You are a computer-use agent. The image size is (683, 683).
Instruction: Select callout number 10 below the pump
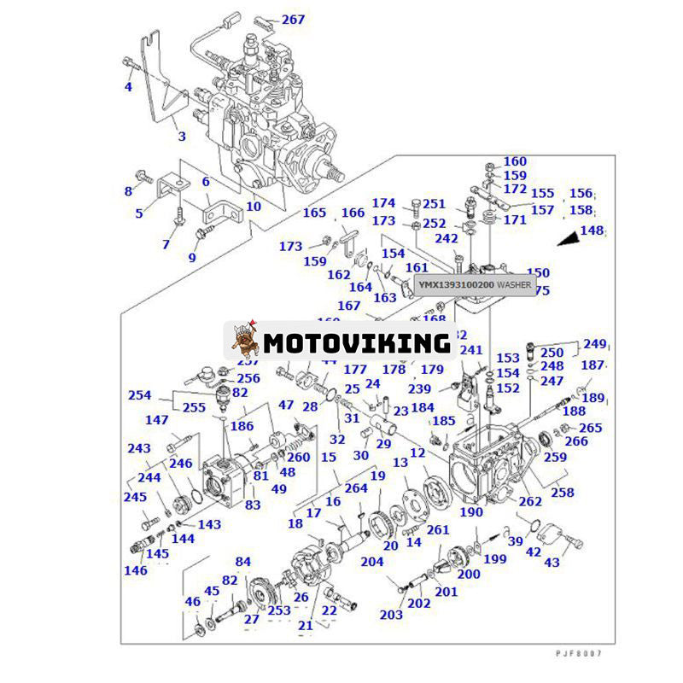click(x=254, y=206)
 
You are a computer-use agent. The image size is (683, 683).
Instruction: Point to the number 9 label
click(x=192, y=257)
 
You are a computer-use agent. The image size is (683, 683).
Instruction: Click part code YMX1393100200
click(x=454, y=283)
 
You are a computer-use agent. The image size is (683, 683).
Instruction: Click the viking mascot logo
click(x=245, y=341)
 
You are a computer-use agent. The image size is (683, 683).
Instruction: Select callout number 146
click(x=135, y=570)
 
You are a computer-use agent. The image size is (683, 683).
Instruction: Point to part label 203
click(x=391, y=615)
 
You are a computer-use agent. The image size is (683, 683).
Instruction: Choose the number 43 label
click(x=552, y=563)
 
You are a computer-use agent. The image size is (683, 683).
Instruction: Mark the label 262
click(x=530, y=501)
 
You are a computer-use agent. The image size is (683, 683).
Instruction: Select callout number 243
click(x=139, y=448)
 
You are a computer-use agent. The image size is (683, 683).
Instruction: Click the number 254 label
click(x=139, y=395)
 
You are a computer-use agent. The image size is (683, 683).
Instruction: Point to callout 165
click(x=315, y=213)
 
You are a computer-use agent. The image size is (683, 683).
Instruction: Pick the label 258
click(x=562, y=493)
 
